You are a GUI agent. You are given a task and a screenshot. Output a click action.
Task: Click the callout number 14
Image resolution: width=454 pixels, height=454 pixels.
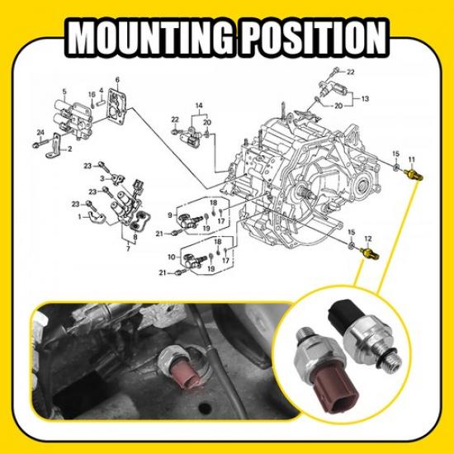[x=198, y=107]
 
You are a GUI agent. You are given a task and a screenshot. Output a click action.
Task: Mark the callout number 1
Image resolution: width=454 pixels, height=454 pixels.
[x=80, y=216]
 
